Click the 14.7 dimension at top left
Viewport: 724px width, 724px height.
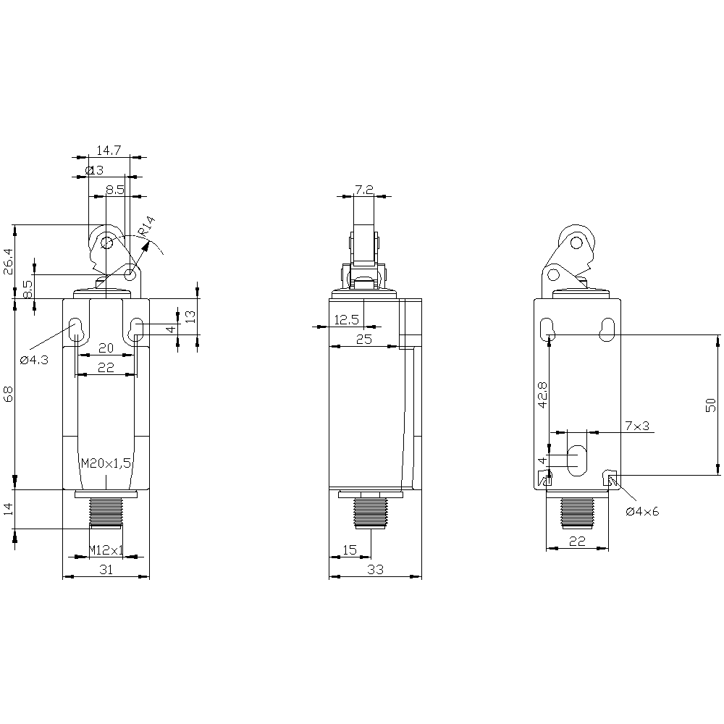pos(109,151)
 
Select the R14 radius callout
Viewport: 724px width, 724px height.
pos(147,227)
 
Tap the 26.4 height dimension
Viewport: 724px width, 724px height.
pos(9,262)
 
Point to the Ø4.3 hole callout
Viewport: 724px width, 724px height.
pos(34,360)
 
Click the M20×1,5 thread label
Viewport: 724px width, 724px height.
pos(106,463)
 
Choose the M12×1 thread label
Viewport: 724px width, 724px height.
pos(106,550)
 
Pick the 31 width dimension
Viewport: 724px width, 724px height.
pos(106,570)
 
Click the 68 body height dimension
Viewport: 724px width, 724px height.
pos(9,394)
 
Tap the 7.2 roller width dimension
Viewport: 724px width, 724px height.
pos(364,189)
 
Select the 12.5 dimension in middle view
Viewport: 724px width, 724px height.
pos(346,319)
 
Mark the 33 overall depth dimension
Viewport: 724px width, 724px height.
pos(375,570)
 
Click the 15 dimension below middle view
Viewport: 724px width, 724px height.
pos(350,550)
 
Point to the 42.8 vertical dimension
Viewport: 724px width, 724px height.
pos(542,395)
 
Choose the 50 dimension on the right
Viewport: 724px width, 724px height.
pos(711,405)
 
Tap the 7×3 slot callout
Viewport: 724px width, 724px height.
pos(637,426)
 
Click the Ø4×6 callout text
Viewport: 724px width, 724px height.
pos(642,511)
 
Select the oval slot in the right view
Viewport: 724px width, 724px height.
pos(577,460)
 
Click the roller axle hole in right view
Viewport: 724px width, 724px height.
pos(576,242)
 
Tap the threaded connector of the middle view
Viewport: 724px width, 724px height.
pos(371,513)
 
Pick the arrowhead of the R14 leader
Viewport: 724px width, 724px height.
pos(146,246)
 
